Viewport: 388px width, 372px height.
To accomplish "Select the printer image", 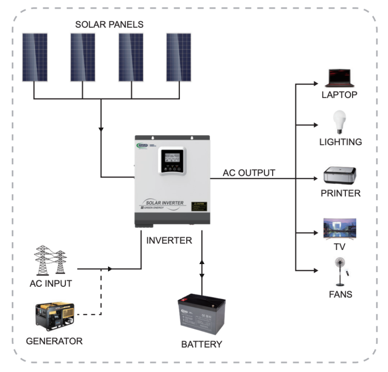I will click(x=340, y=175).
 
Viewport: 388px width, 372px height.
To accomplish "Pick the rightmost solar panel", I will click(x=179, y=57).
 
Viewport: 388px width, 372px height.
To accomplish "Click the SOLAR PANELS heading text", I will click(x=109, y=24).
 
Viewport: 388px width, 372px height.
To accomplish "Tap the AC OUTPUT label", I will click(x=249, y=172).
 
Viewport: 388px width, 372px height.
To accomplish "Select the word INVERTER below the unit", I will click(x=169, y=240).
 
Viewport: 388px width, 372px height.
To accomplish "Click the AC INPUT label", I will click(x=50, y=283).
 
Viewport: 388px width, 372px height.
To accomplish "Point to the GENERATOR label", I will click(x=54, y=341).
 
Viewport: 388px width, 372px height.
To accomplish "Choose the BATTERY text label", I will click(x=201, y=345).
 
